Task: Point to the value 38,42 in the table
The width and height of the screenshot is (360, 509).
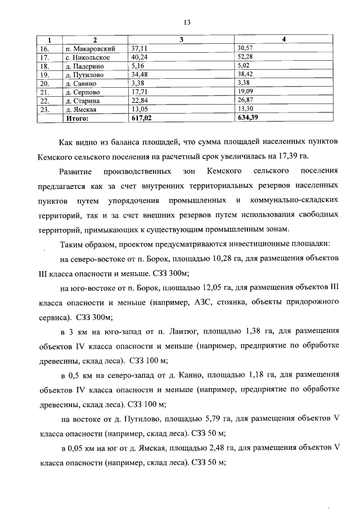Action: point(246,75)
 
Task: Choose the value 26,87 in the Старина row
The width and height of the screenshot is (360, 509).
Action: point(246,101)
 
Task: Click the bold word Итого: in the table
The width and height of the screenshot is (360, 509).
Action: point(78,119)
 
